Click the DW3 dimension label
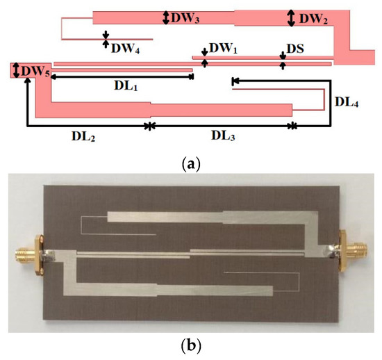tap(186, 19)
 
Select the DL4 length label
tap(347, 102)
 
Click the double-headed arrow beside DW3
tap(165, 19)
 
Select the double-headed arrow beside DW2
tap(291, 19)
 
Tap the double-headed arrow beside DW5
tap(15, 70)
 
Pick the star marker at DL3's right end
tap(292, 126)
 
